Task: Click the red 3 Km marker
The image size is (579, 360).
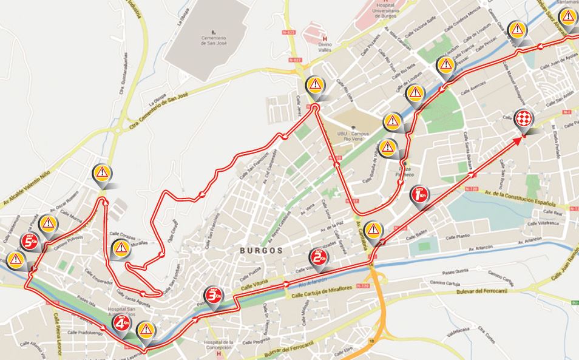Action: pyautogui.click(x=213, y=295)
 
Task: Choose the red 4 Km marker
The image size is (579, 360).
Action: pyautogui.click(x=121, y=321)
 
